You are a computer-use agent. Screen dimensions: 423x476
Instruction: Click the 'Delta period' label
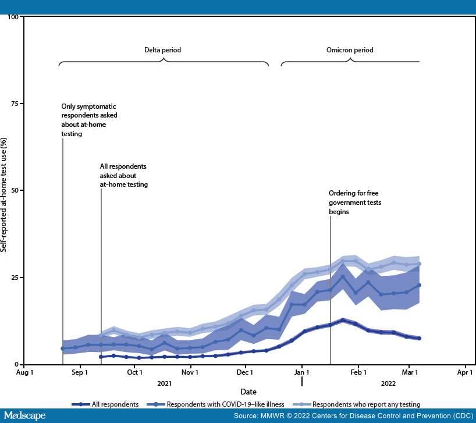tap(163, 50)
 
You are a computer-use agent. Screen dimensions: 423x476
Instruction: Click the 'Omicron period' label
tap(350, 50)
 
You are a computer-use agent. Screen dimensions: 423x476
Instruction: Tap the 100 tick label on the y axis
tap(10, 16)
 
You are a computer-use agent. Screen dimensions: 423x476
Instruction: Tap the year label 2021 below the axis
tap(165, 383)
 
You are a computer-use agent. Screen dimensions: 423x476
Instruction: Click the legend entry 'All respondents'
tap(115, 404)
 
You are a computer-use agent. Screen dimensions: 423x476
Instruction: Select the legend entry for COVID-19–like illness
tap(225, 404)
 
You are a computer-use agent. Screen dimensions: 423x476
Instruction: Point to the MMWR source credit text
tap(354, 415)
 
